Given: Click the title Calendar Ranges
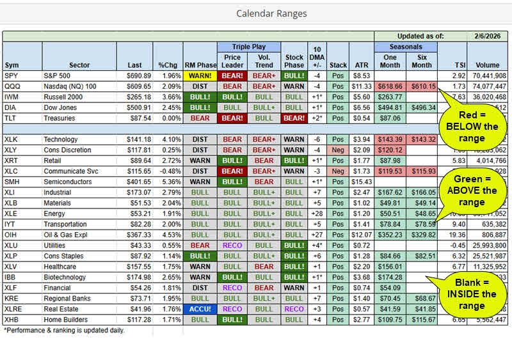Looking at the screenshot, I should [x=271, y=13].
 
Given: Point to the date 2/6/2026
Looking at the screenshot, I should [x=483, y=36].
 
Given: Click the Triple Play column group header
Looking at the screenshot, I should [x=249, y=47].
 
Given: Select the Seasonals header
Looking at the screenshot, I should [x=406, y=47].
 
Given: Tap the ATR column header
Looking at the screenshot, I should [x=361, y=65].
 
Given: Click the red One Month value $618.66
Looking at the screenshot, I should [x=390, y=86].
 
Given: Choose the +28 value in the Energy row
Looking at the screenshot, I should [x=317, y=214].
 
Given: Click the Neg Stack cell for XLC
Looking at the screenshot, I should [x=338, y=171].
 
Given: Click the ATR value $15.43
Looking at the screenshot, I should [x=362, y=182].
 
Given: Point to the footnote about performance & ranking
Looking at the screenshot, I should [x=64, y=331].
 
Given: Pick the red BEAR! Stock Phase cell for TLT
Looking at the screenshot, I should [x=294, y=118].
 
